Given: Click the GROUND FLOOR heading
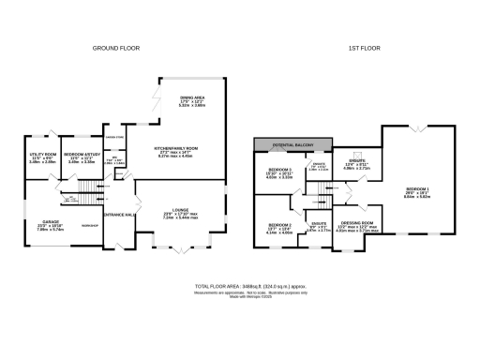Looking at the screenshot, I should tap(115, 47).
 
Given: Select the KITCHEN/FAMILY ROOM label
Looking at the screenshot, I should tap(175, 149).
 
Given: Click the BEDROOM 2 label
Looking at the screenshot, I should tap(280, 225).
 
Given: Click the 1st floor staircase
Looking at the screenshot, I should tap(322, 192).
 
